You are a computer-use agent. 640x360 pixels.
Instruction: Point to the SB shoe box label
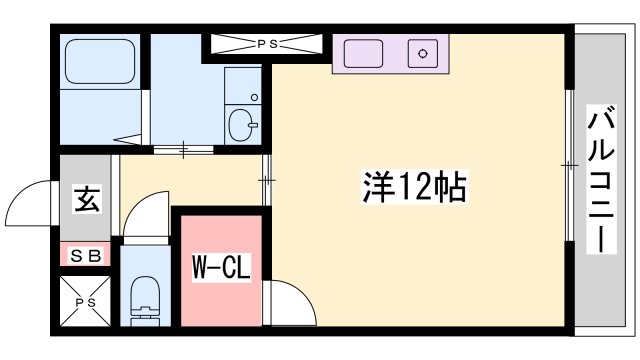[x=86, y=256]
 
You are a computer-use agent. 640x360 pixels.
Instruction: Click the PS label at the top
[x=265, y=43]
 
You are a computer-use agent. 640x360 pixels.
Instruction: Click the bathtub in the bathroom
[x=100, y=62]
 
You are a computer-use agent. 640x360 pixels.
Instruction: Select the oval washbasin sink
[x=243, y=126]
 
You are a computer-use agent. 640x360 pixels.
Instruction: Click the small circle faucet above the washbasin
[x=254, y=98]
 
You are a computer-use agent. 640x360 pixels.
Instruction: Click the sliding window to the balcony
[x=571, y=166]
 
